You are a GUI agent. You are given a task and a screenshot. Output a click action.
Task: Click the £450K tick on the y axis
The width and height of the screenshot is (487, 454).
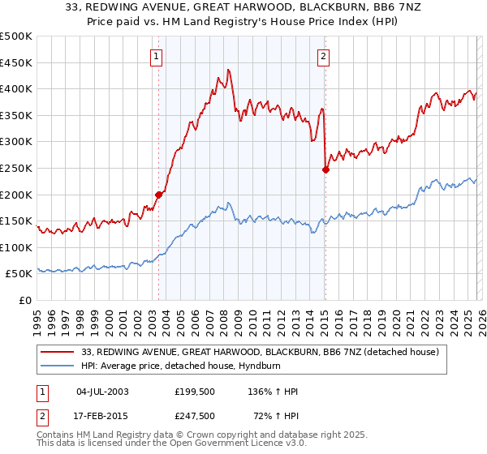pos(16,62)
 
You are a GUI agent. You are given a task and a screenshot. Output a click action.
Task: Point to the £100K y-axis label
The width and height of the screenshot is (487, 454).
pos(16,247)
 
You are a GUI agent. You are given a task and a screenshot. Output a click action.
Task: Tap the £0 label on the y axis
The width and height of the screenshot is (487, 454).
pos(25,301)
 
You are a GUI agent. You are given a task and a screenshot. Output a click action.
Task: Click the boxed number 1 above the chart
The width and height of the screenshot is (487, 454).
pos(155,56)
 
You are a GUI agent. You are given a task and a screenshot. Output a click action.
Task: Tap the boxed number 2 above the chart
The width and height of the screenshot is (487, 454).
pos(323,56)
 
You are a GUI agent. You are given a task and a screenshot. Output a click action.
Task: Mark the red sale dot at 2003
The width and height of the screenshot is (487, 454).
pos(159,195)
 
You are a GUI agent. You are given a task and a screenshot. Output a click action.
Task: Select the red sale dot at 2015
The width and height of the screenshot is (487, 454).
pos(325,169)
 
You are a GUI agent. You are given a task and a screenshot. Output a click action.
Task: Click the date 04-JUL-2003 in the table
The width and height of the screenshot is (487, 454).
pos(101,392)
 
